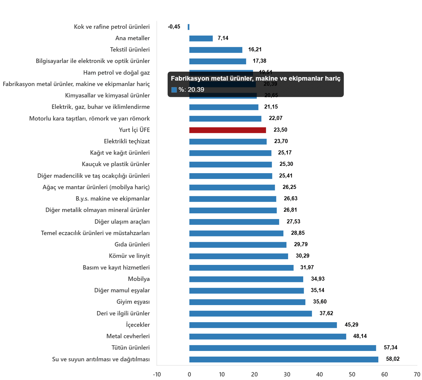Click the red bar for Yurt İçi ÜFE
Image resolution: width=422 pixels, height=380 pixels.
228,130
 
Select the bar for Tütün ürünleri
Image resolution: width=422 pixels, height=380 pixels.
283,348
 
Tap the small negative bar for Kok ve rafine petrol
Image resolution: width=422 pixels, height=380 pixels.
188,27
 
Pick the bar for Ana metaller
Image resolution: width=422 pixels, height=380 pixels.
201,39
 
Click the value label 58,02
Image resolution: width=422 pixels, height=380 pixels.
393,359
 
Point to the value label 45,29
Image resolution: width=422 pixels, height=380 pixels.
351,325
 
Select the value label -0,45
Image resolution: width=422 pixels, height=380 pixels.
174,27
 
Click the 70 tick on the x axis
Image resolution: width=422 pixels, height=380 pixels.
417,375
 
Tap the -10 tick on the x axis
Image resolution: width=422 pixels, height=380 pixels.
157,375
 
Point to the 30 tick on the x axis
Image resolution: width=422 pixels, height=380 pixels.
287,375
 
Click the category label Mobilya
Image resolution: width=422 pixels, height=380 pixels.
139,279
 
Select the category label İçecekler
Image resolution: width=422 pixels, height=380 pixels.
138,325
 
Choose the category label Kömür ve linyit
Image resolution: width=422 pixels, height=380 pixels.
129,256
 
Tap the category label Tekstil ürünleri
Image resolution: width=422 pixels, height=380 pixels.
130,50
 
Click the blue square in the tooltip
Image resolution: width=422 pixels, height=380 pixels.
174,90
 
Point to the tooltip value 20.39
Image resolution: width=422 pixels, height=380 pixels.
196,90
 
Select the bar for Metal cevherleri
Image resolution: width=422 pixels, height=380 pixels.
268,337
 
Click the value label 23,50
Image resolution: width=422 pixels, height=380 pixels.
280,130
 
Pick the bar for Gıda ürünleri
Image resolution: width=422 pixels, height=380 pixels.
238,245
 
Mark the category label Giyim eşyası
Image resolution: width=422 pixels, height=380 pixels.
133,302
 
